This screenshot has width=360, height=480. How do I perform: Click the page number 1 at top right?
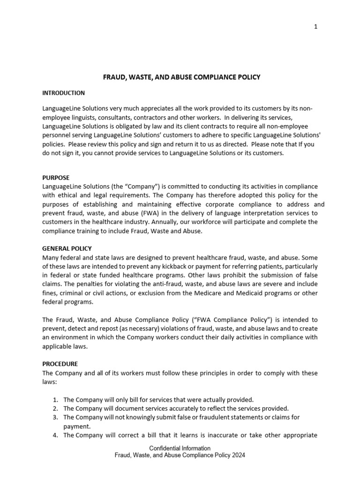[316, 27]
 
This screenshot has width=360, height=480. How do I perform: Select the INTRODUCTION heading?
[64, 93]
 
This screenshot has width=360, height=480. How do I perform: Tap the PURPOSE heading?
[56, 178]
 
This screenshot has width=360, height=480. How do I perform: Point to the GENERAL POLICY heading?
[67, 248]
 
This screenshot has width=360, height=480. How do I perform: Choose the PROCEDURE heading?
[60, 364]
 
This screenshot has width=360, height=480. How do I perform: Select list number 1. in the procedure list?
[55, 399]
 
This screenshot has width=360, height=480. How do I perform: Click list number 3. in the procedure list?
[55, 417]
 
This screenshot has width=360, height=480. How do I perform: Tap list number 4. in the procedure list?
[55, 435]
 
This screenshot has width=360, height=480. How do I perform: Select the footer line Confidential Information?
[180, 448]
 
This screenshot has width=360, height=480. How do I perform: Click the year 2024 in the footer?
[238, 455]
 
